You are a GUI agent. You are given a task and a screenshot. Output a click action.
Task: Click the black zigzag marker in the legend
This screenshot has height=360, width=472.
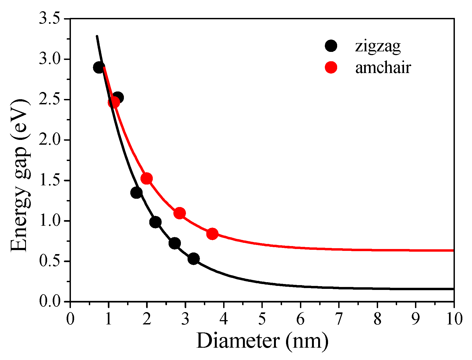(x=331, y=46)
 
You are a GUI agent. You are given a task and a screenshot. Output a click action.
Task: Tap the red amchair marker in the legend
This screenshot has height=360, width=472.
(x=331, y=67)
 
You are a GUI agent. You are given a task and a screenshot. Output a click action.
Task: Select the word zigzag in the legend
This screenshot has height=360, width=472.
(x=378, y=46)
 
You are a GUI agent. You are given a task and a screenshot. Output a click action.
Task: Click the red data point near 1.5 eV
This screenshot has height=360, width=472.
(x=147, y=178)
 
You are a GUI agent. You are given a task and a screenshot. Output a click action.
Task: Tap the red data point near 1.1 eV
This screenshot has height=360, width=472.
(x=180, y=213)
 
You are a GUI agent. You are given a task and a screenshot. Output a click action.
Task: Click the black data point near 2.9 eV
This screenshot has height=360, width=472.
(x=99, y=68)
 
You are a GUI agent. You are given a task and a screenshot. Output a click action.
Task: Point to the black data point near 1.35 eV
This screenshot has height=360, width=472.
(x=136, y=193)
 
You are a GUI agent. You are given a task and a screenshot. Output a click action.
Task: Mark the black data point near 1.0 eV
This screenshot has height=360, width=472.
(x=155, y=222)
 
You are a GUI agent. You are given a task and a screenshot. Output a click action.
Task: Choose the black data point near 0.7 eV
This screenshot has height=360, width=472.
(x=175, y=243)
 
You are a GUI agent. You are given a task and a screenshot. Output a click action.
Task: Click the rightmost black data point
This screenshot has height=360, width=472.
(x=193, y=259)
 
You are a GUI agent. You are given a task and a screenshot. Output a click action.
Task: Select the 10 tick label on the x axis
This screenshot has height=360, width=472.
(x=454, y=319)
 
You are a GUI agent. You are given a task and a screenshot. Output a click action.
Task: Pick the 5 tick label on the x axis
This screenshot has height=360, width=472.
(x=262, y=319)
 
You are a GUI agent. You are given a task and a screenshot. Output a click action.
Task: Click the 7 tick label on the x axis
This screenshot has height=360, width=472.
(x=339, y=319)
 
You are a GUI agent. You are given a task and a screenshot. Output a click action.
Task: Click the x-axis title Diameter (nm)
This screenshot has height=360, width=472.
(x=262, y=341)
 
